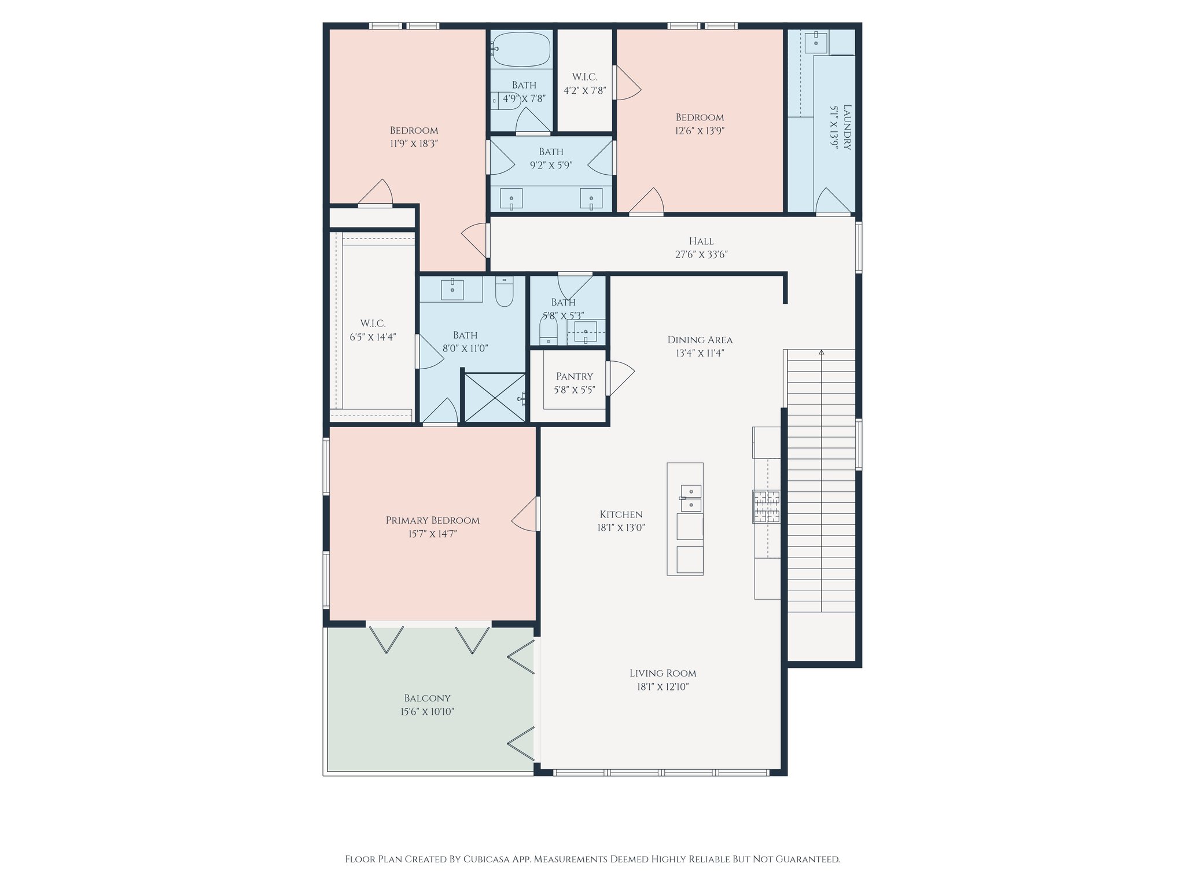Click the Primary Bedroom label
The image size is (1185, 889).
click(x=433, y=520)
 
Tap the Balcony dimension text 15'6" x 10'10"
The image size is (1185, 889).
click(x=428, y=712)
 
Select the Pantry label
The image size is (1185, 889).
click(x=575, y=376)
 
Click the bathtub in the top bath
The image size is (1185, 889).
click(x=521, y=49)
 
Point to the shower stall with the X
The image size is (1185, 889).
click(x=495, y=397)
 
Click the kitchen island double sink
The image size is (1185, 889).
click(x=691, y=498)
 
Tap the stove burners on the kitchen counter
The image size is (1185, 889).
click(x=766, y=507)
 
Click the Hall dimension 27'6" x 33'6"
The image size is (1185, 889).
click(x=701, y=255)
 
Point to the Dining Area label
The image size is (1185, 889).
click(x=700, y=340)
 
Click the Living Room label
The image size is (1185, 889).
click(x=663, y=673)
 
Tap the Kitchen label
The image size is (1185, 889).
click(x=621, y=515)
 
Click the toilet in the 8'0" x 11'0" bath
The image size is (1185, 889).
click(x=505, y=292)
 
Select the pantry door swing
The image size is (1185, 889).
click(x=621, y=379)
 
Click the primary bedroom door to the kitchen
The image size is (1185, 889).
click(x=525, y=514)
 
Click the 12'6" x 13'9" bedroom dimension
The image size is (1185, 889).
click(x=700, y=131)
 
